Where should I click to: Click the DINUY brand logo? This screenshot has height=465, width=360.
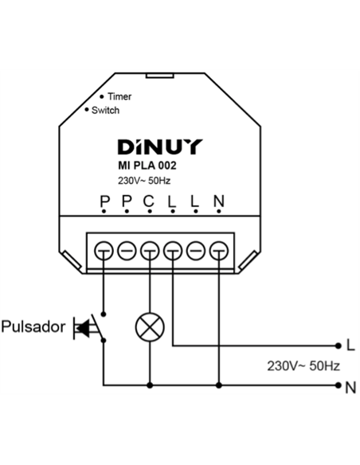[160, 147]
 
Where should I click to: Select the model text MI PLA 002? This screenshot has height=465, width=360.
[147, 166]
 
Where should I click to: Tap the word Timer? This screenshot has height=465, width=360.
[119, 96]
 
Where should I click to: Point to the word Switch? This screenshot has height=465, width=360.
[106, 111]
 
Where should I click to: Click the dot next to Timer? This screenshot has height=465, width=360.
[102, 96]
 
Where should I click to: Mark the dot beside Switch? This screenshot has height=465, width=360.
[87, 110]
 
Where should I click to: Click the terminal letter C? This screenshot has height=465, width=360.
[149, 201]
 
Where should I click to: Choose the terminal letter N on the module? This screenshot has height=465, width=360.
[219, 201]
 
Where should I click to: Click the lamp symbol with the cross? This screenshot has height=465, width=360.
[150, 327]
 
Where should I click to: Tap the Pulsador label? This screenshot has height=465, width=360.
[33, 326]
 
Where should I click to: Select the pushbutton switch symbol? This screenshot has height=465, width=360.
[90, 327]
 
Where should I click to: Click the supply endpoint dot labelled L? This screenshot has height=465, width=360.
[338, 346]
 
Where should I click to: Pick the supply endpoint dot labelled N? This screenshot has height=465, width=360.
[338, 385]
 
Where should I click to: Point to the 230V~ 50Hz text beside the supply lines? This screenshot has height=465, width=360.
[303, 366]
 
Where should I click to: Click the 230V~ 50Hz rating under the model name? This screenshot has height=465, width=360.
[144, 181]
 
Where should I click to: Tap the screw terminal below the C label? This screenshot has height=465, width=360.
[150, 251]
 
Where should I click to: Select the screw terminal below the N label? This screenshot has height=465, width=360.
[219, 251]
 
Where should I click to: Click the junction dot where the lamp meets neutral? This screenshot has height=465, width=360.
[150, 385]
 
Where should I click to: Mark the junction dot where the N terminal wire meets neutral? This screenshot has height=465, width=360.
[219, 385]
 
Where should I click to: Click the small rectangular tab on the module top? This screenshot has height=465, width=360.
[159, 76]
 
